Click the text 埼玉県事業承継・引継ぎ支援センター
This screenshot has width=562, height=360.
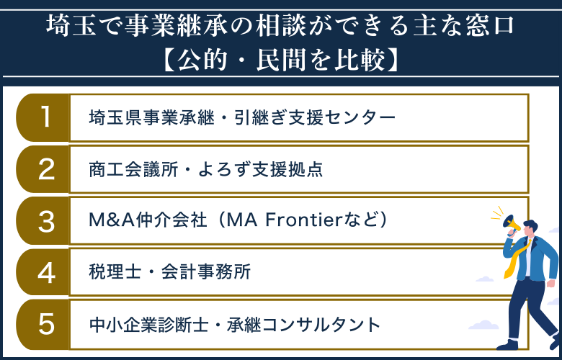242,117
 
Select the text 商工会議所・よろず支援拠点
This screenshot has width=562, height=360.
205,169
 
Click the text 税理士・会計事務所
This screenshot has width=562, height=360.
169,273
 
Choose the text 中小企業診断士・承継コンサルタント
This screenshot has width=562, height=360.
234,325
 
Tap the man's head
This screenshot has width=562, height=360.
532,229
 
